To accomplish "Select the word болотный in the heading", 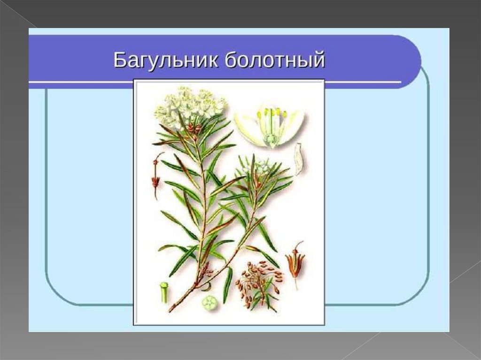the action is click(274, 60).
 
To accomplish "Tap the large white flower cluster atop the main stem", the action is click(190, 107).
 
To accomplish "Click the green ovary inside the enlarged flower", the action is click(271, 139).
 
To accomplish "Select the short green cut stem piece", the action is click(164, 291).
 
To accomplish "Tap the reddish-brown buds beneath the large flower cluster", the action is click(193, 128).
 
